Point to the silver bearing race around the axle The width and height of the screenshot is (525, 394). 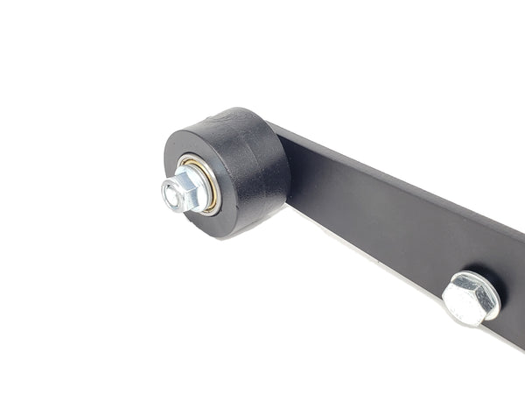[x=203, y=179]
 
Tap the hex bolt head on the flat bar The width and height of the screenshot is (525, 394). [x=471, y=298]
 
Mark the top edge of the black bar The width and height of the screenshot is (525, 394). [x=394, y=179]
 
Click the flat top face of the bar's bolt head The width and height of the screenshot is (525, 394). [x=467, y=296]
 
